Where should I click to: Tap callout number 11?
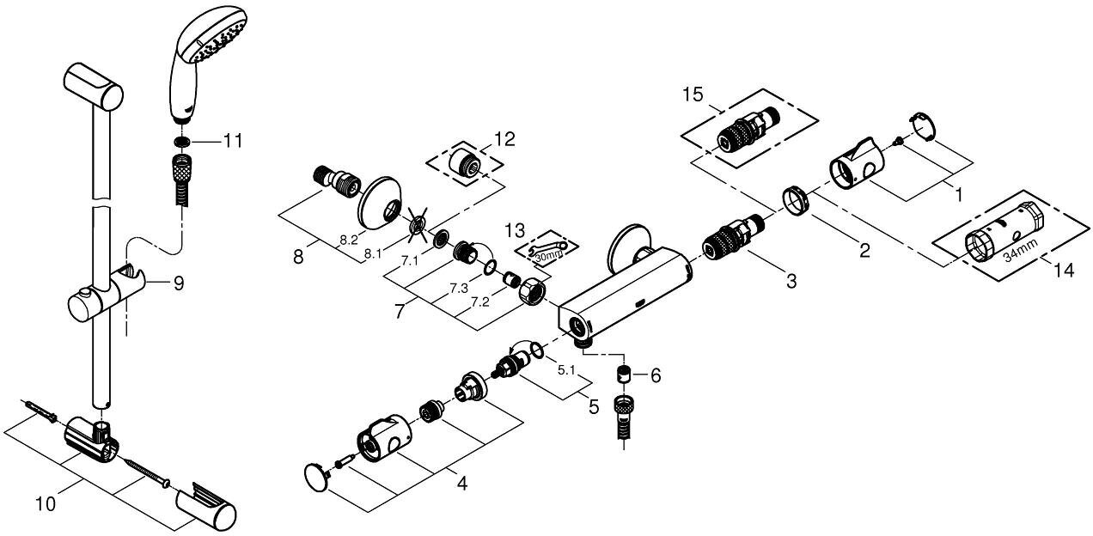tap(233, 140)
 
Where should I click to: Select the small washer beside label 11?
tap(181, 141)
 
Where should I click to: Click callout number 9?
tap(179, 282)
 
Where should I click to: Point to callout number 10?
tap(44, 504)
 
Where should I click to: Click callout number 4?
tap(461, 484)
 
